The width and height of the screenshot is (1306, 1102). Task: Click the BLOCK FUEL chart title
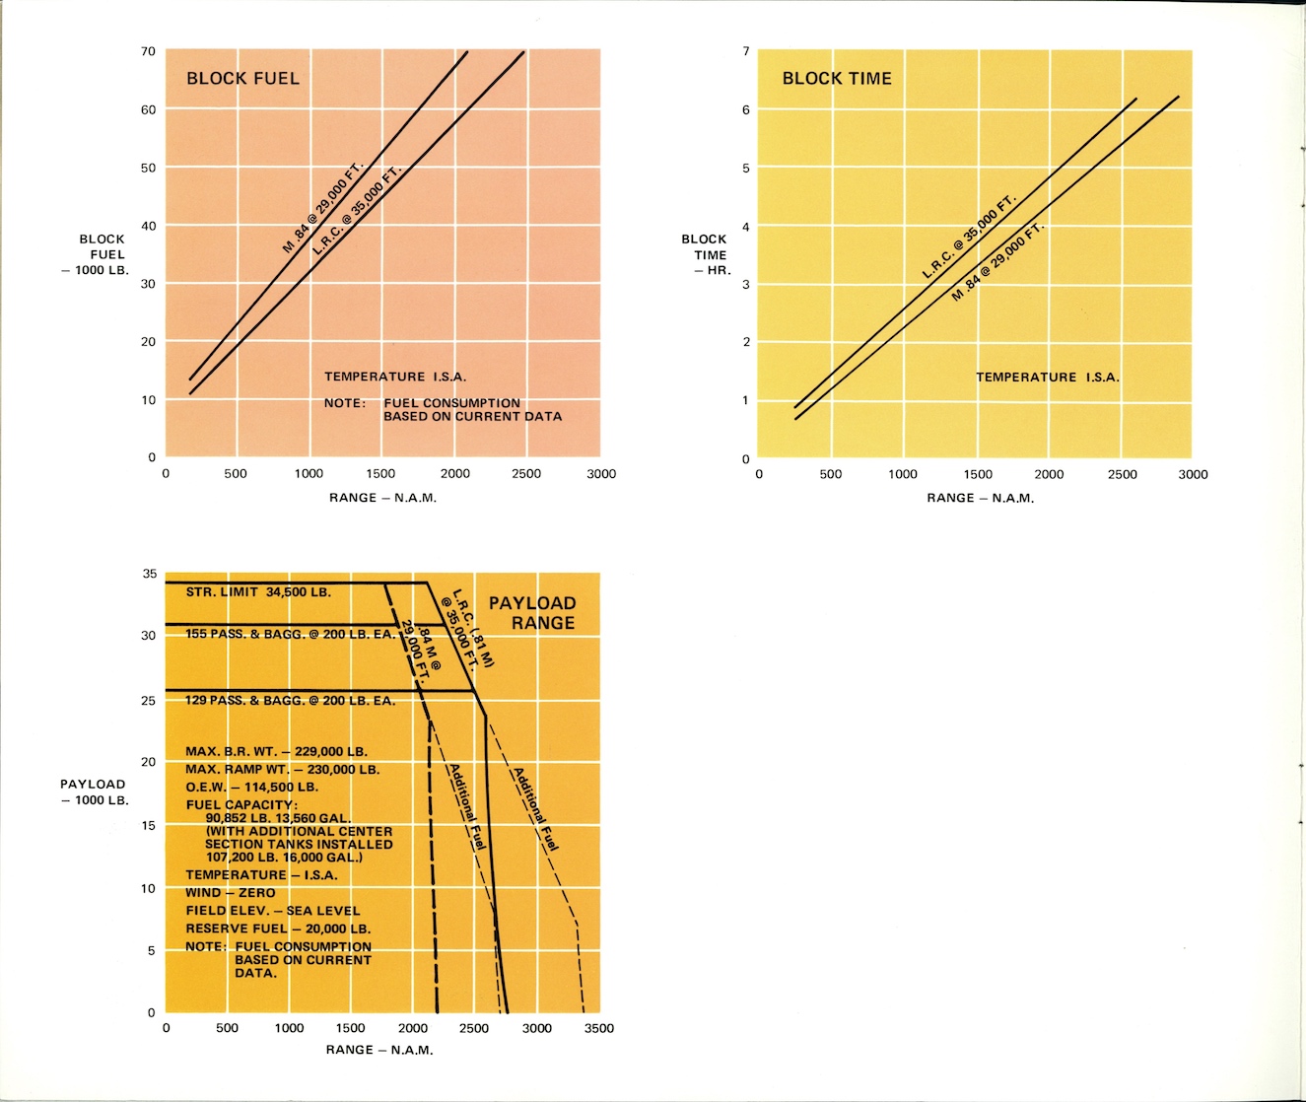[242, 79]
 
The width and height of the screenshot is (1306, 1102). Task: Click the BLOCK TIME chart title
[837, 79]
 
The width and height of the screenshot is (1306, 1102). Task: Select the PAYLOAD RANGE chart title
[532, 613]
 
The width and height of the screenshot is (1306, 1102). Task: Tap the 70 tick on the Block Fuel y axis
[148, 51]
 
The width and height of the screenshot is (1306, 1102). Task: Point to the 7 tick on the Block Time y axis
[746, 51]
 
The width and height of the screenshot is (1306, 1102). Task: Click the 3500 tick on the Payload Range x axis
[598, 1028]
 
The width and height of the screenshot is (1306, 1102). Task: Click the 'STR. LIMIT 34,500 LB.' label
[258, 592]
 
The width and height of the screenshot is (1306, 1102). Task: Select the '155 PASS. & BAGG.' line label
[291, 634]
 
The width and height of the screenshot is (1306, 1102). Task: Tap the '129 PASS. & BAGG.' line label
[291, 701]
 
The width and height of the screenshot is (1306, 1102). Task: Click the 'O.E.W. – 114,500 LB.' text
[252, 787]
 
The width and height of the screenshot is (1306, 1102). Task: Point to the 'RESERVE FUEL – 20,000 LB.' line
[278, 929]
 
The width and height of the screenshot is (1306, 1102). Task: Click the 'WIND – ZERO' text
[231, 893]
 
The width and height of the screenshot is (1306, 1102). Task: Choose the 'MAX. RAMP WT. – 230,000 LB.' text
[282, 769]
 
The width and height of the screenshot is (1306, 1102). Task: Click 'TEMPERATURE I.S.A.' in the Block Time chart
[1048, 378]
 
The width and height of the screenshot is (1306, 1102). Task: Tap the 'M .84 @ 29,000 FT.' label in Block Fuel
[322, 208]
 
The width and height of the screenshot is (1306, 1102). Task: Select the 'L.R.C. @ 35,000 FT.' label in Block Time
[968, 238]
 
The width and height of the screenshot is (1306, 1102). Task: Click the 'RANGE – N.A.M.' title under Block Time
[980, 498]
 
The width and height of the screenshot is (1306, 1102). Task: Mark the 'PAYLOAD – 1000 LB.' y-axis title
[95, 792]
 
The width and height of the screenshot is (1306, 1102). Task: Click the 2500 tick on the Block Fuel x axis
[525, 474]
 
